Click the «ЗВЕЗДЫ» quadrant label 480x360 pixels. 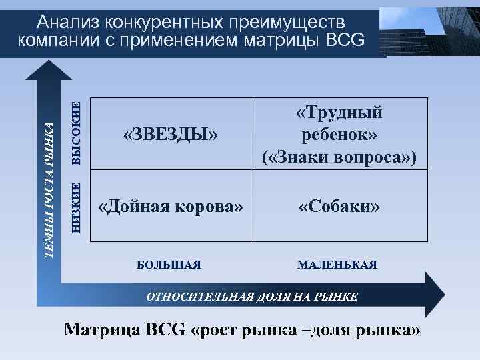pyautogui.click(x=171, y=135)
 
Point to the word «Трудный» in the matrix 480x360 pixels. pyautogui.click(x=339, y=113)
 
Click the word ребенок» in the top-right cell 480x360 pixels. pyautogui.click(x=339, y=135)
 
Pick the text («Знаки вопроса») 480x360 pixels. pyautogui.click(x=339, y=157)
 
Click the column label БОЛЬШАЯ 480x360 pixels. pyautogui.click(x=169, y=265)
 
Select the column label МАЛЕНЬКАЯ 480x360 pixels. pyautogui.click(x=337, y=265)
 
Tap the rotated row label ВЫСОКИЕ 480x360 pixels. pyautogui.click(x=77, y=133)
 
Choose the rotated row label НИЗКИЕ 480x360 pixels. pyautogui.click(x=77, y=207)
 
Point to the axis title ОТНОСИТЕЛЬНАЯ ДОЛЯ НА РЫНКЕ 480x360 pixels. pyautogui.click(x=252, y=297)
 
